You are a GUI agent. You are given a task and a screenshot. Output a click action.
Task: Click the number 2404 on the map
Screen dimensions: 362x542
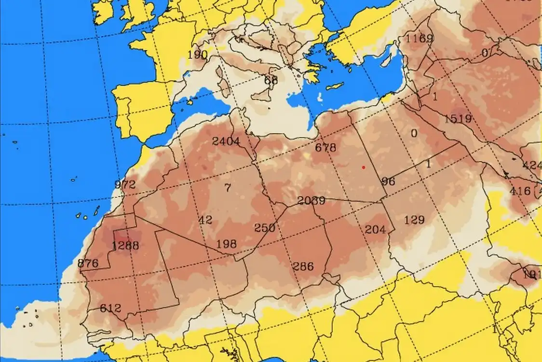226,141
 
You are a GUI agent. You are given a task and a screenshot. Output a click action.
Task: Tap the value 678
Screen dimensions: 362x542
325,148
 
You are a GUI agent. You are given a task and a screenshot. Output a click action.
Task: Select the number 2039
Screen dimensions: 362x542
311,201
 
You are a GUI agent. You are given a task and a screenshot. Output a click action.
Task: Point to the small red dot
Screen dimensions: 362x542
363,167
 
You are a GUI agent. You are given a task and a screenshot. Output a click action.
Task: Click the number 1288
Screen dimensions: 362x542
125,246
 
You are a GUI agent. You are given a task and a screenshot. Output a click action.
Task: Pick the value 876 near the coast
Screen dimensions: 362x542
88,264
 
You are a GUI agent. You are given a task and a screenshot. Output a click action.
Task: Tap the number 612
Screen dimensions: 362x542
110,308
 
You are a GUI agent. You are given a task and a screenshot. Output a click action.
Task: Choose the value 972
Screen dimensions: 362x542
125,184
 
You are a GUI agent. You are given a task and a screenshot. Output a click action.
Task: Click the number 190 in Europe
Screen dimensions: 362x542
197,55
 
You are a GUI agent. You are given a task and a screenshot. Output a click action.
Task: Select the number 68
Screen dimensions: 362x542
271,80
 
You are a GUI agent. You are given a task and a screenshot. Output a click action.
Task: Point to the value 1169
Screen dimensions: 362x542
419,38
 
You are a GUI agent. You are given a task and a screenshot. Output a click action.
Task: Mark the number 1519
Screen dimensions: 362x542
458,118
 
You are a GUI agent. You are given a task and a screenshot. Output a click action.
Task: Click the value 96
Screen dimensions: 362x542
388,181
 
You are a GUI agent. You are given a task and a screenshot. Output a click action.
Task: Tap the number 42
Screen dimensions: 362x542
205,220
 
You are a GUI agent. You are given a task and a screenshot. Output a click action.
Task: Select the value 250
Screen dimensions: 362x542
265,228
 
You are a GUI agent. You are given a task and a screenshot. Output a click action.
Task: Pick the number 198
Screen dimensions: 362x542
226,244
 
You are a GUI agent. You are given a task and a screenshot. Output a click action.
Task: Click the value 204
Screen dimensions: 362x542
376,229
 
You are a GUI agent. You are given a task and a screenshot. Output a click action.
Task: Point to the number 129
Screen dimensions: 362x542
414,220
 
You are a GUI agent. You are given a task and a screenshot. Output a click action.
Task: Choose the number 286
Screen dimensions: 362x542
303,266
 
